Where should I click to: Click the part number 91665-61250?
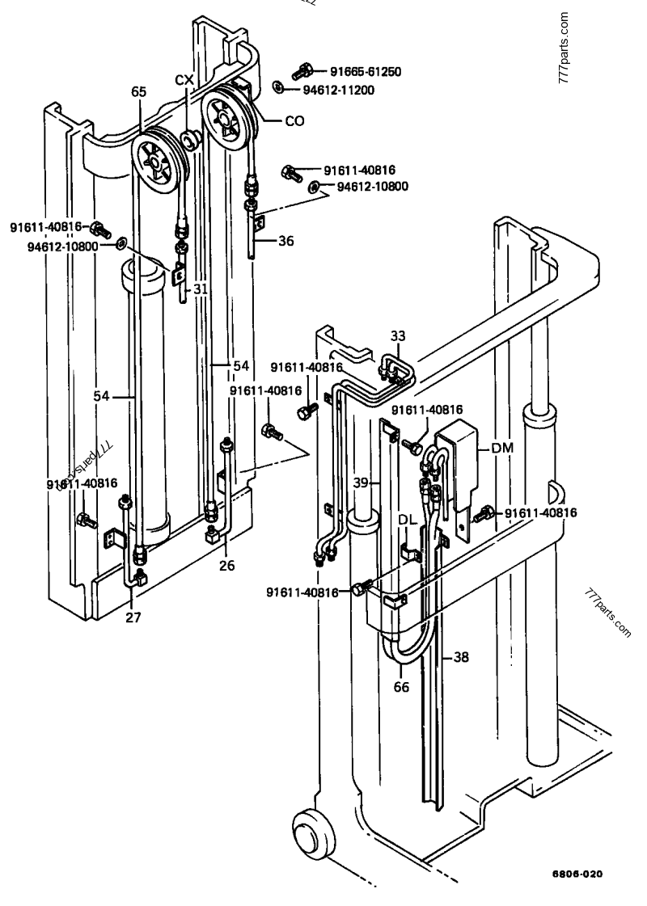pos(361,72)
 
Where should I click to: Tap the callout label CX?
pos(185,79)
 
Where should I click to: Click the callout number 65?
pos(139,92)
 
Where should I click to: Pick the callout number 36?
pos(287,240)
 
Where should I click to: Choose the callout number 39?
pos(362,482)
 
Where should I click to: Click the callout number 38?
pos(460,657)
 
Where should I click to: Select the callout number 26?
pos(226,566)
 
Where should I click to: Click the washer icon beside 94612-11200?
pos(277,88)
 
